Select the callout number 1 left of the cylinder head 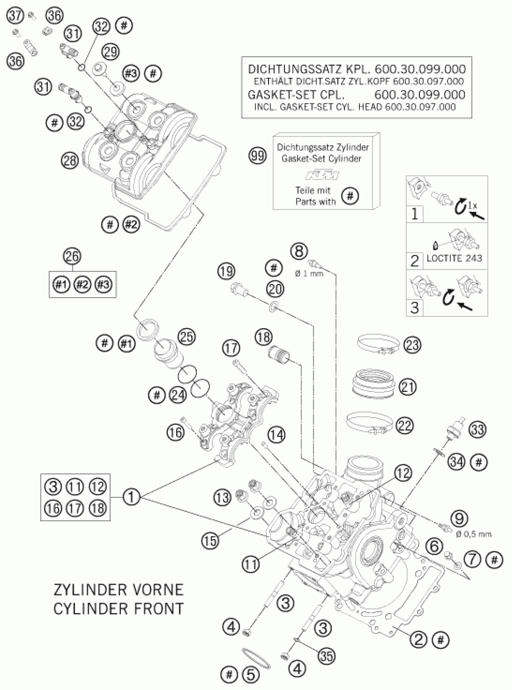tap(131, 497)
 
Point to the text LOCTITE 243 tap(454, 258)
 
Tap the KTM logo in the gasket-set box tap(322, 176)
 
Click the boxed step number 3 tap(414, 308)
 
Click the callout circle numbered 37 tap(16, 15)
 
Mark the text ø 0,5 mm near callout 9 tap(473, 534)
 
